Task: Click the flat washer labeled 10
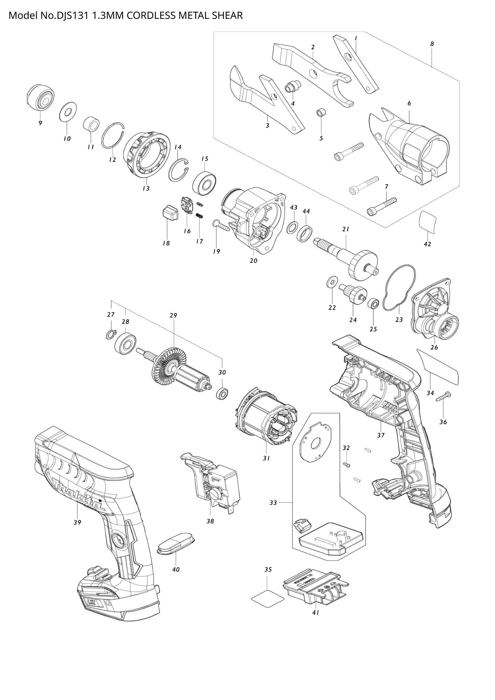tap(68, 112)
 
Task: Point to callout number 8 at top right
tap(432, 44)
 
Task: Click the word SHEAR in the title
tap(229, 15)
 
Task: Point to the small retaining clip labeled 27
tap(111, 335)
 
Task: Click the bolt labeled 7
tap(381, 207)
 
